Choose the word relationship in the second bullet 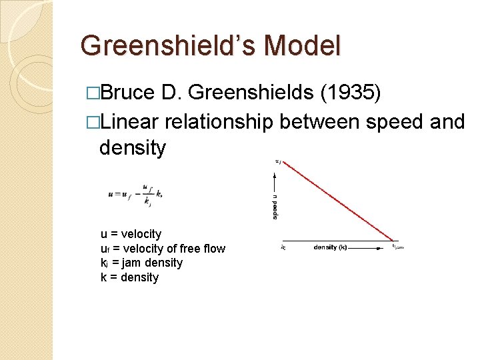220,122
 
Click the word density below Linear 132,148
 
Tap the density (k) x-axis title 330,247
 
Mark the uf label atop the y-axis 278,161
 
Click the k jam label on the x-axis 398,247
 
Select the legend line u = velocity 131,234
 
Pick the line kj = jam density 141,263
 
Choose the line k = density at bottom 129,277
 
